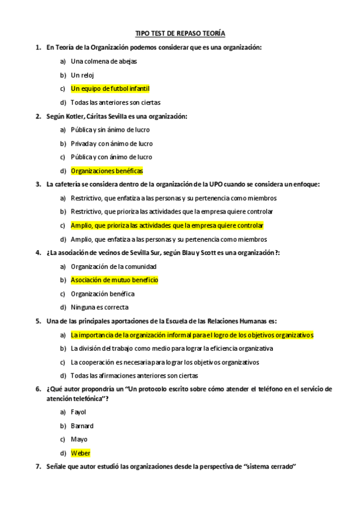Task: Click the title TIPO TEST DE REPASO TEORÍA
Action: [x=180, y=34]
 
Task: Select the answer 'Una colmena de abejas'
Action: [x=104, y=61]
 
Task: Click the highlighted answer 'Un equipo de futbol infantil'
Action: [x=110, y=89]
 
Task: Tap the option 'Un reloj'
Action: [x=83, y=75]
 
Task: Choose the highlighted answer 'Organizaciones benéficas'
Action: [x=107, y=171]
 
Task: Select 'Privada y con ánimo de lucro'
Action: [x=112, y=144]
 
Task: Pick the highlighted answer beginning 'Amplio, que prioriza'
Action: [x=167, y=226]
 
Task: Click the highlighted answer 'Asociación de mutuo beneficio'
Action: [x=114, y=280]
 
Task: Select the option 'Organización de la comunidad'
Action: [x=114, y=266]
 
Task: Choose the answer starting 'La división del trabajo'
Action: [x=172, y=348]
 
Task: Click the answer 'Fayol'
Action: [x=79, y=412]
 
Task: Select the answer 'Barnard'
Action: [x=82, y=426]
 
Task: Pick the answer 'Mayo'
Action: [x=79, y=439]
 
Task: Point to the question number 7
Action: [x=38, y=467]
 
